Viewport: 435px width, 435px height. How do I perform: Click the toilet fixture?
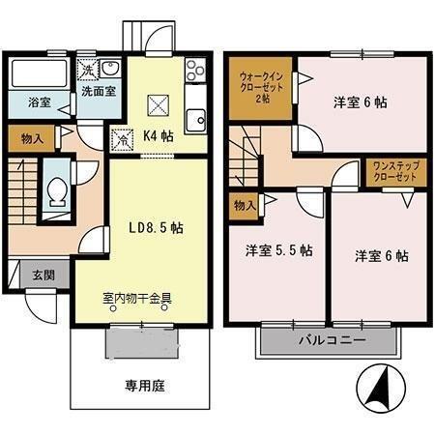tap(58, 192)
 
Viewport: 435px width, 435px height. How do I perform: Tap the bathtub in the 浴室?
tap(40, 74)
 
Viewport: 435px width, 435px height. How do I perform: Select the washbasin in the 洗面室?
tap(110, 69)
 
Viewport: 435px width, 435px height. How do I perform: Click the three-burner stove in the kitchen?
tap(195, 71)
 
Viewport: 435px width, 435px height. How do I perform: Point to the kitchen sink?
tap(196, 120)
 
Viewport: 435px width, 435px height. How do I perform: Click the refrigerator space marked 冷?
tap(122, 139)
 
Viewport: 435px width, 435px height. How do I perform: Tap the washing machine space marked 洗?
tap(88, 70)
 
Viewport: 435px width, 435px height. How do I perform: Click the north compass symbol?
tap(381, 389)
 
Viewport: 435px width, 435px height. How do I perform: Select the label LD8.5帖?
tap(157, 228)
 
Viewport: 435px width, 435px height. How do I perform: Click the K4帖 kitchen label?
tap(159, 136)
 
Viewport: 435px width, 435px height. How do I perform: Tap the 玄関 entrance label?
tap(43, 275)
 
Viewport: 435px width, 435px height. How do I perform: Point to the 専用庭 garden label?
tap(145, 386)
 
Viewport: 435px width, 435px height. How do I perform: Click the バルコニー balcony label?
tap(333, 340)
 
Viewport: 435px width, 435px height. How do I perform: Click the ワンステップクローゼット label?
tap(396, 171)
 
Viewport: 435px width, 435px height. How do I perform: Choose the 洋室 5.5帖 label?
tap(279, 250)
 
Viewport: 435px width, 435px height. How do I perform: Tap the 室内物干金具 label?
tap(137, 299)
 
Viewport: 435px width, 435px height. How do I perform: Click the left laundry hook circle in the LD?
tap(113, 308)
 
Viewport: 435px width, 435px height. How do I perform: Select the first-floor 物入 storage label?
tap(32, 139)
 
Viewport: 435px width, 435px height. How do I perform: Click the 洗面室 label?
tap(99, 92)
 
